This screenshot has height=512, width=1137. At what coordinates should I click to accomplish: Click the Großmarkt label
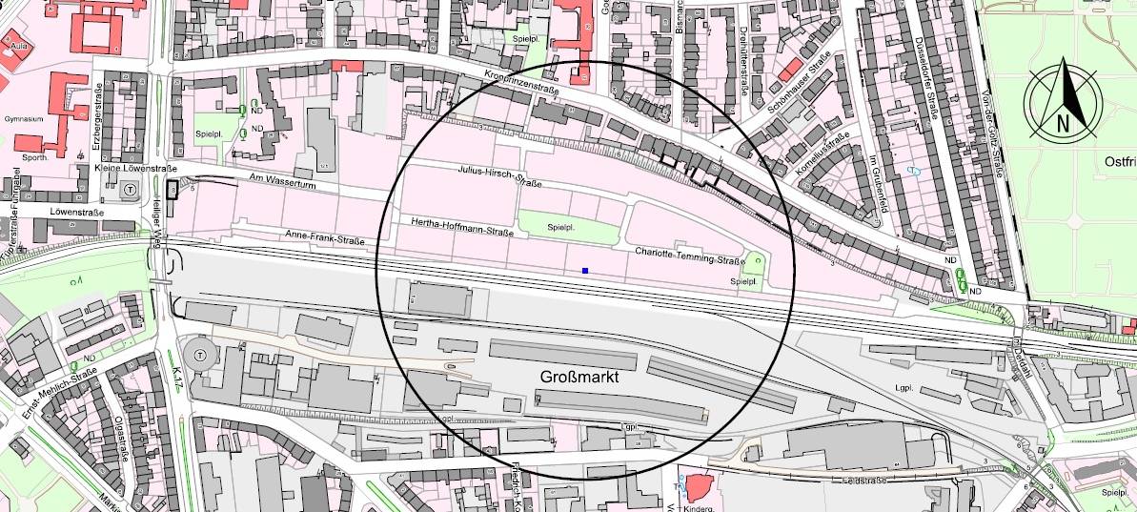[x=580, y=378]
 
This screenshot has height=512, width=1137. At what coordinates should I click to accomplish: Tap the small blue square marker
[x=585, y=272]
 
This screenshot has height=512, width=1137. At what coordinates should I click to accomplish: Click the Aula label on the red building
[x=15, y=46]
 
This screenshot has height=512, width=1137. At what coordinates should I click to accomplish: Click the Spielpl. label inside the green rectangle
[x=562, y=229]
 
